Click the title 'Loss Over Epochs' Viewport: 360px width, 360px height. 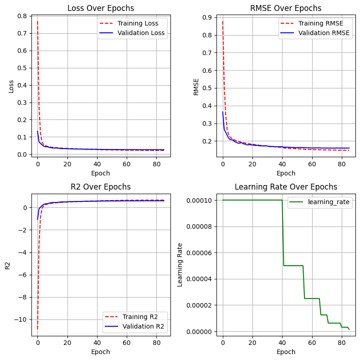101,8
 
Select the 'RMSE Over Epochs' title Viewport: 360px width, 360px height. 286,8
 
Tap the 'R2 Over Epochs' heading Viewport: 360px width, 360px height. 101,187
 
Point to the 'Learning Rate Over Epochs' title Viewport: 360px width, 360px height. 286,187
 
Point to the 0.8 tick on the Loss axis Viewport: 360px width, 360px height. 22,16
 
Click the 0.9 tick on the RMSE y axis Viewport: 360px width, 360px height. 207,18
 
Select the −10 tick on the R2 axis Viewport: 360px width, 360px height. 21,319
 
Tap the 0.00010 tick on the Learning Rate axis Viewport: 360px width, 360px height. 199,201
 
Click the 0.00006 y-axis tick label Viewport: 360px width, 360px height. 199,253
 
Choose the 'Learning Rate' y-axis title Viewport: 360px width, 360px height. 180,265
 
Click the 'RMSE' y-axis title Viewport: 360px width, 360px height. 196,87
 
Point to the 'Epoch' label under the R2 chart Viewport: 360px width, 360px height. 101,352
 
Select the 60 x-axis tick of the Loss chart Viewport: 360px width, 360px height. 127,164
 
